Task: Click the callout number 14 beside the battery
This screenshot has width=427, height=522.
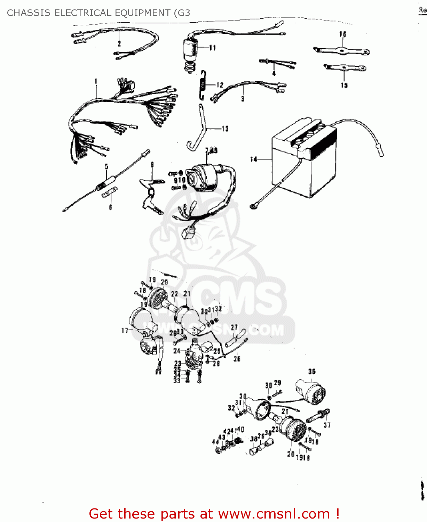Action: click(x=253, y=159)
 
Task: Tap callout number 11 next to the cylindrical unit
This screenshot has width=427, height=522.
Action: click(x=212, y=48)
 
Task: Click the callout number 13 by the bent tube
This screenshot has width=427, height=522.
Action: click(x=225, y=129)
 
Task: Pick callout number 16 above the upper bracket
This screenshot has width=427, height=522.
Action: click(x=342, y=34)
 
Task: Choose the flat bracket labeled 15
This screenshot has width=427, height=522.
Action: click(x=345, y=68)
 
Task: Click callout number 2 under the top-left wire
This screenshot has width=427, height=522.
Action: click(x=119, y=44)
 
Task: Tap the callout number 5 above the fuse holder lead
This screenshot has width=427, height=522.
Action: click(x=106, y=167)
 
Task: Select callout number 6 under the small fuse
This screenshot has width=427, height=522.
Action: click(x=111, y=207)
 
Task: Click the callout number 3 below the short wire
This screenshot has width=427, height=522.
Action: click(x=243, y=99)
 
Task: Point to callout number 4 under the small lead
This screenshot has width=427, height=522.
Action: click(x=274, y=73)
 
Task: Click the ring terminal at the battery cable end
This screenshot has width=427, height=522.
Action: click(x=253, y=207)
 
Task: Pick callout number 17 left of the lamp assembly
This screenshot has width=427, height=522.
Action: click(x=125, y=331)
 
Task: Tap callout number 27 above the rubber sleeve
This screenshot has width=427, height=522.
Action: click(x=234, y=327)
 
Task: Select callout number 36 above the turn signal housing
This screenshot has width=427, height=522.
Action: click(x=311, y=372)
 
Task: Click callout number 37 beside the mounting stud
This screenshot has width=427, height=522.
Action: click(x=327, y=425)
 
